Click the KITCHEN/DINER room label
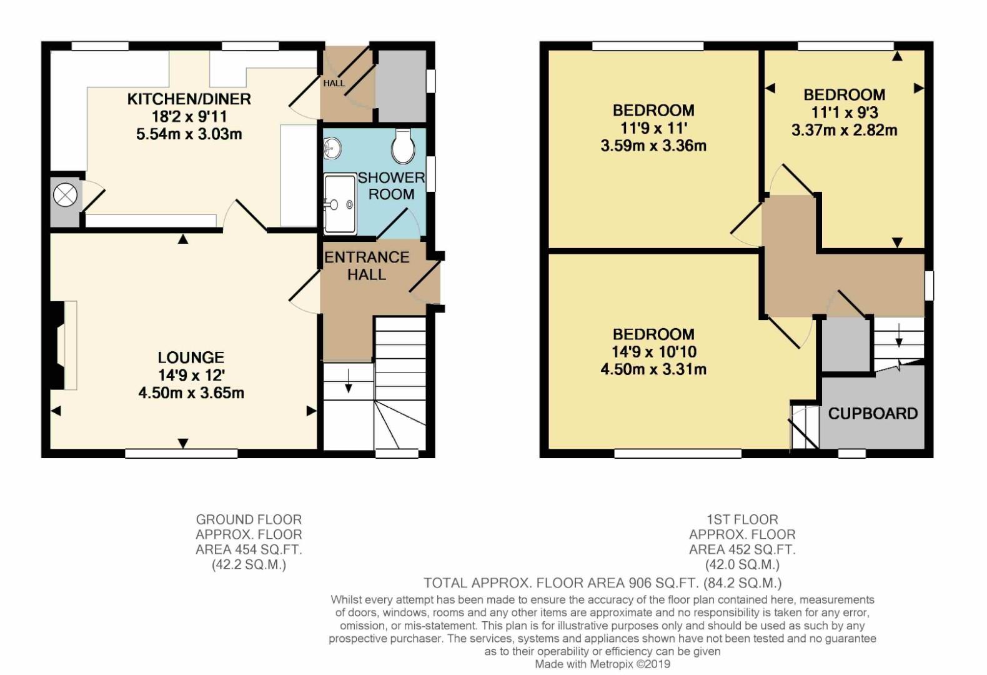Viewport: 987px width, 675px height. click(x=189, y=99)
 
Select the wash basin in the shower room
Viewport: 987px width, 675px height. click(x=332, y=148)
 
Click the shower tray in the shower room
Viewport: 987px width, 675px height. click(x=340, y=204)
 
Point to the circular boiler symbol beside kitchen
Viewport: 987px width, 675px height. click(x=64, y=195)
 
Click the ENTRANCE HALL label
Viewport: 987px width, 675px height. click(x=367, y=266)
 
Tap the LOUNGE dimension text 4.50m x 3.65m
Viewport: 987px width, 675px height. click(x=191, y=392)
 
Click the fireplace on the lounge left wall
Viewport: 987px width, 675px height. click(x=64, y=345)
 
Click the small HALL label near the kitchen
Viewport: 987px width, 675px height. click(x=334, y=82)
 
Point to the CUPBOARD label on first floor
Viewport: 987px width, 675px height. click(x=873, y=413)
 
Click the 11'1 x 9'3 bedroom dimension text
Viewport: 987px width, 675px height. click(x=845, y=112)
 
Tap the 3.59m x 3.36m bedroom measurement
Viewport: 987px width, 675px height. click(x=653, y=146)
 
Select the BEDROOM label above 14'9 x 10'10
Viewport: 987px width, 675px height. click(x=653, y=334)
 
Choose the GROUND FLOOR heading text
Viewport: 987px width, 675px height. click(x=249, y=519)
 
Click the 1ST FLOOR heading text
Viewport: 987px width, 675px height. click(x=742, y=519)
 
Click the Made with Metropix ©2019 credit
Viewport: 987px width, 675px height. click(x=602, y=664)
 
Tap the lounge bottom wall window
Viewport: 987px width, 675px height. click(x=181, y=454)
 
